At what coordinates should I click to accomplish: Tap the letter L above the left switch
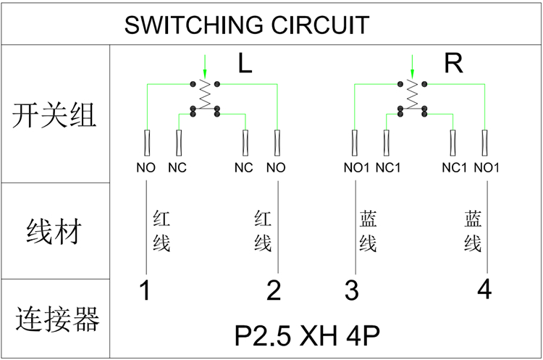(245, 64)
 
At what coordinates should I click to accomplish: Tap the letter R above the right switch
(453, 64)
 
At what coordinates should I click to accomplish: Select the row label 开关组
(54, 114)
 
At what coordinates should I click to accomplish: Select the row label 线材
(54, 233)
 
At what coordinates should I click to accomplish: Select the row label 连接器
(56, 318)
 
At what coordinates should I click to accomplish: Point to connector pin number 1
(145, 290)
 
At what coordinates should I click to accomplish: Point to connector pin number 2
(274, 290)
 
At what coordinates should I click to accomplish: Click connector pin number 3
(352, 290)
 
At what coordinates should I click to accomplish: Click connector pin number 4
(484, 290)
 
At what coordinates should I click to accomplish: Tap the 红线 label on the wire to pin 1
(161, 231)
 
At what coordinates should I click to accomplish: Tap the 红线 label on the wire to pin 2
(263, 231)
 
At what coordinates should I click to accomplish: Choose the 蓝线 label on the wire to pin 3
(368, 231)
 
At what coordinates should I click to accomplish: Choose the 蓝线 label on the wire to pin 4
(473, 231)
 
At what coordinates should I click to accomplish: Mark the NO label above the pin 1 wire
(146, 168)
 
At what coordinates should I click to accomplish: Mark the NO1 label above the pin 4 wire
(487, 168)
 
